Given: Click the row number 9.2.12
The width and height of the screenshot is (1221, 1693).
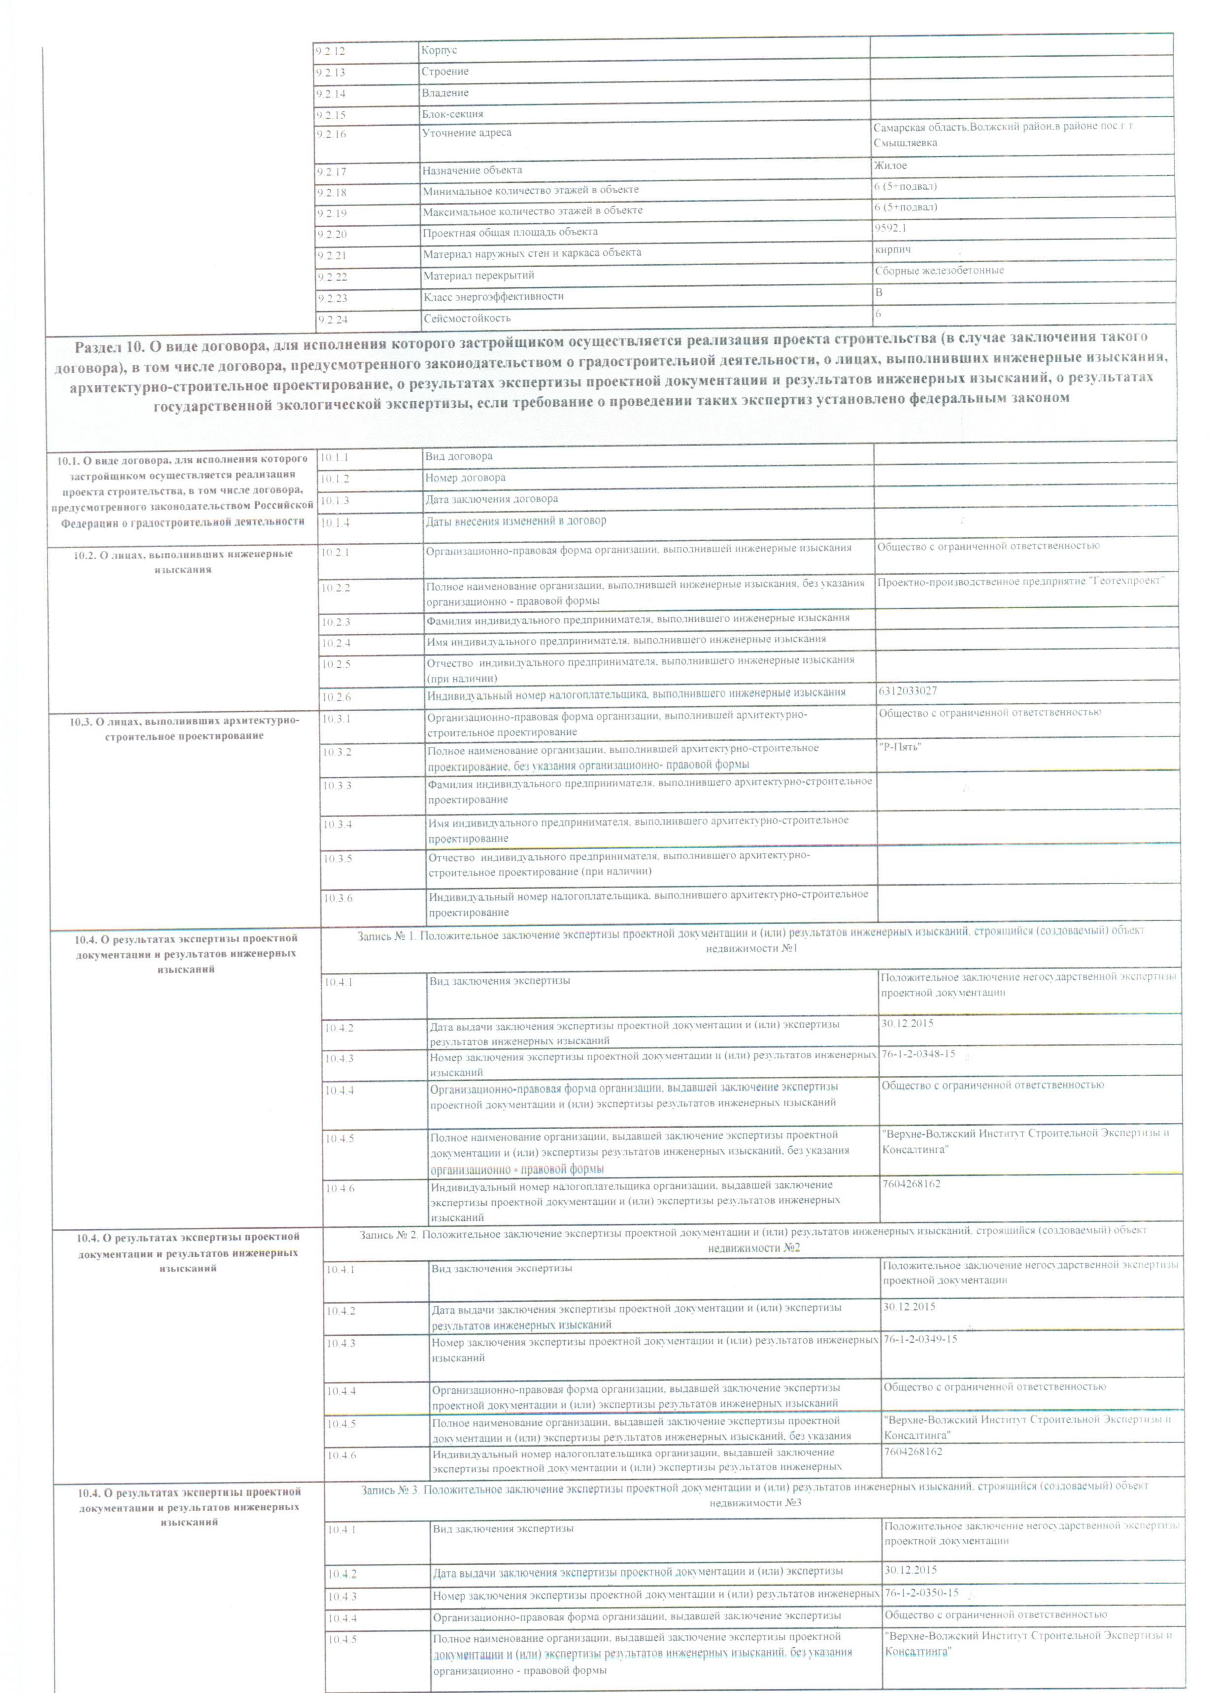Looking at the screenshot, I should (326, 51).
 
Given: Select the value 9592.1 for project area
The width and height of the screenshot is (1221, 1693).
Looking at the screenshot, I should (889, 228).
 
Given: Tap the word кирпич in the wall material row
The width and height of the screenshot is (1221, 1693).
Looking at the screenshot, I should (892, 249).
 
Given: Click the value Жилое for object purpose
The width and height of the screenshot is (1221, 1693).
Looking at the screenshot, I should (889, 165).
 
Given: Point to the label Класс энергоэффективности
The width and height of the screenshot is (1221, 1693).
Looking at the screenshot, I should (493, 296).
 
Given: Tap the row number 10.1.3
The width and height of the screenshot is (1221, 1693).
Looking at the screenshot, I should (335, 500).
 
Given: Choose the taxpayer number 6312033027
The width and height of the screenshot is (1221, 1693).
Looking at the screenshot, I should (907, 691).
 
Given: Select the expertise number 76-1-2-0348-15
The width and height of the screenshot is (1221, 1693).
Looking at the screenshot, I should (917, 1053).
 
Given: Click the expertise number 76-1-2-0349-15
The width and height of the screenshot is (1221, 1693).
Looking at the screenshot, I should (919, 1339).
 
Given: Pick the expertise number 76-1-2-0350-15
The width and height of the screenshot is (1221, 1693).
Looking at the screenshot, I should (921, 1592).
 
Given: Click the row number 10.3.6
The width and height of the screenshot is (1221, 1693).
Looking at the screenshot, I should (338, 898).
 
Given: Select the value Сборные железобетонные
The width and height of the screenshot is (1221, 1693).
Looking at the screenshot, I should (939, 270).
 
